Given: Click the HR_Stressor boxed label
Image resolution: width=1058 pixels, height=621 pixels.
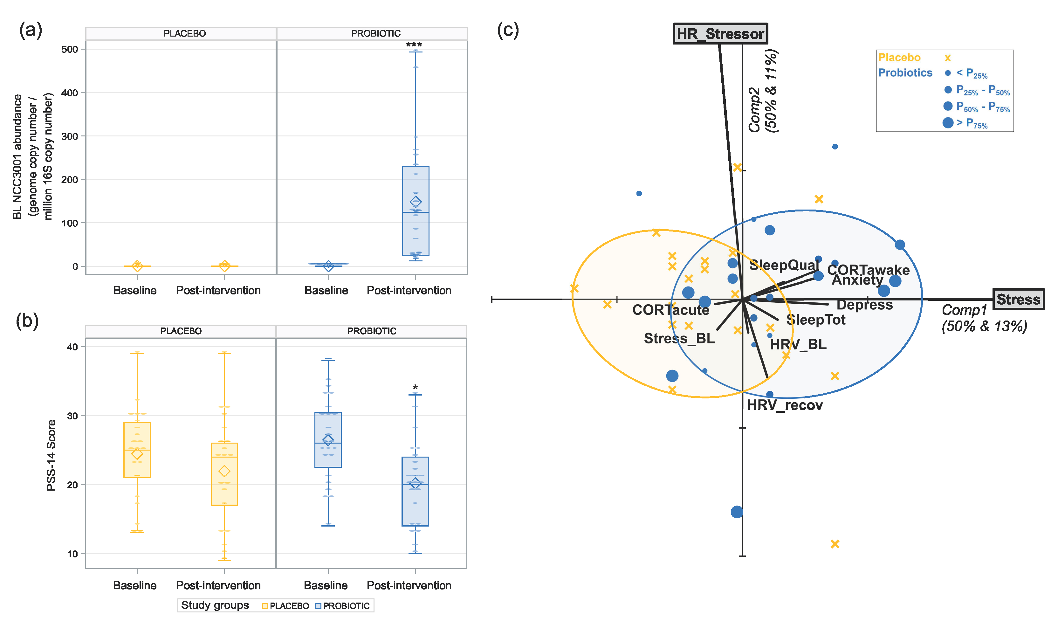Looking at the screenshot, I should pos(720,34).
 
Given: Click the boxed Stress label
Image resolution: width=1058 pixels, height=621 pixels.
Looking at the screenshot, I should pos(1018,300).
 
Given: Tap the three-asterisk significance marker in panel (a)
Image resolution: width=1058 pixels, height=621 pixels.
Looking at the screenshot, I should pos(414,45).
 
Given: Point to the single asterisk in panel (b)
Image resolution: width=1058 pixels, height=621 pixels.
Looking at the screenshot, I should pos(415,387).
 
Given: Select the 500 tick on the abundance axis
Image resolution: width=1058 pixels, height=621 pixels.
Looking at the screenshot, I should pos(70,50).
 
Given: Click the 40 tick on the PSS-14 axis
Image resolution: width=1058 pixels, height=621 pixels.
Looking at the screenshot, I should pos(72,347).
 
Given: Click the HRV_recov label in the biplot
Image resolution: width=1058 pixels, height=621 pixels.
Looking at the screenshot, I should pos(784,405).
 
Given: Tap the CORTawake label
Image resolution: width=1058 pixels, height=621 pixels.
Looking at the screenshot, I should pos(868,270).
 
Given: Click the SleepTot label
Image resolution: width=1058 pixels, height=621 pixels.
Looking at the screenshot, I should pos(815,320).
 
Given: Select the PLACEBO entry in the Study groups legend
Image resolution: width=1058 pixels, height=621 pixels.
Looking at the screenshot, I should pos(285,606).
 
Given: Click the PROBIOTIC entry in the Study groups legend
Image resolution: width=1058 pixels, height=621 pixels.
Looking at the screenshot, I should pos(343,606).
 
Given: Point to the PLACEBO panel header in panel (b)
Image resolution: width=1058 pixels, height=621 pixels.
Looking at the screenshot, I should pos(181,331).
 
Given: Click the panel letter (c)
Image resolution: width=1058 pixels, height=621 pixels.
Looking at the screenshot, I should pos(508,30).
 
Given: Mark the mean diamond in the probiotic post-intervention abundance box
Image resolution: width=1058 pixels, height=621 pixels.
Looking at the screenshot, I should pos(416,202).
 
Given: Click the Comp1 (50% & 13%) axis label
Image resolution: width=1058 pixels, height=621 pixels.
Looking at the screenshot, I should pos(984,318).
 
